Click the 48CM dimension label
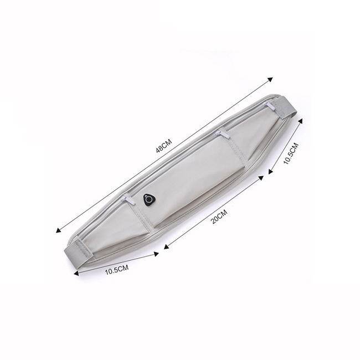tap(164, 146)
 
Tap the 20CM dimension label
tap(219, 217)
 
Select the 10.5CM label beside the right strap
tap(291, 153)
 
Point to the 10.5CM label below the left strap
tap(117, 270)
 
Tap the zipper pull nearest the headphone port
tap(128, 199)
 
